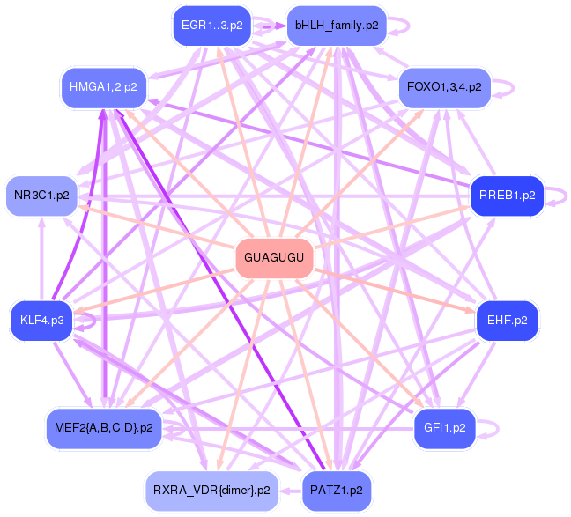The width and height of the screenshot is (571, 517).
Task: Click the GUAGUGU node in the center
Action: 274,258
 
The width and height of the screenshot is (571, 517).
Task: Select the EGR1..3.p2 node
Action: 211,26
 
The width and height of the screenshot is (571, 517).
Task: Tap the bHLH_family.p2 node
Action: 337,26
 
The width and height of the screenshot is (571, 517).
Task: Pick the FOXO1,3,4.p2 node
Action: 444,86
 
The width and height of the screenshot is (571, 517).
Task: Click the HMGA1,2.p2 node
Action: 103,86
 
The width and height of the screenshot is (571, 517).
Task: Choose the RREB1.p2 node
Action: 507,195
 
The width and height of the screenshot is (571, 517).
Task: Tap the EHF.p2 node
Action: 507,321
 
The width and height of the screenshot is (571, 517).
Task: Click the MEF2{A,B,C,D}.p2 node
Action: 103,428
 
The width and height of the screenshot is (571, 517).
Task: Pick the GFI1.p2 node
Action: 445,428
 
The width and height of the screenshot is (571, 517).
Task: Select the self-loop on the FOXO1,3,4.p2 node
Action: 505,87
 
